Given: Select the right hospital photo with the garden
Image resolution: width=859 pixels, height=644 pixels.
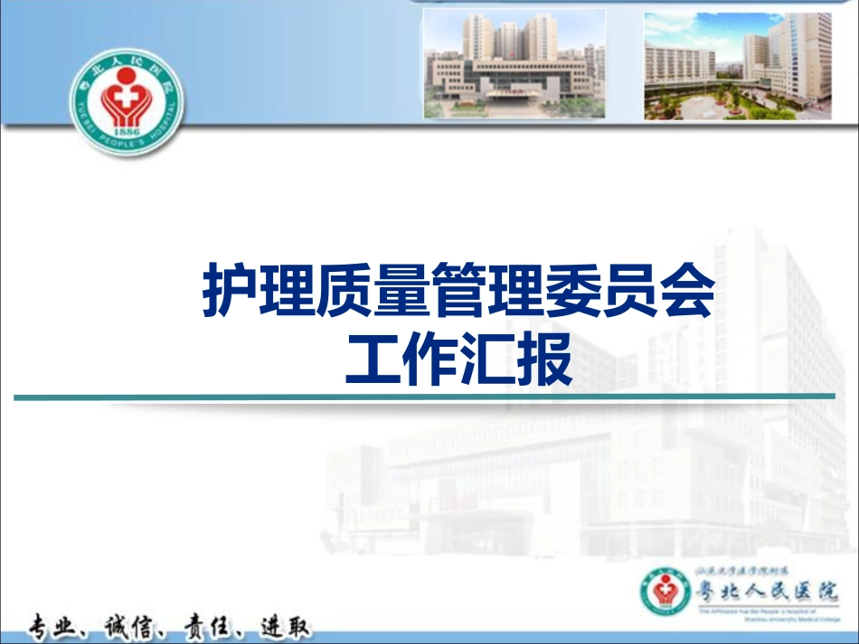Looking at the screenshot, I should [737, 66].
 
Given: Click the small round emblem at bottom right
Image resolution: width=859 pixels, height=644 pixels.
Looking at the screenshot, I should [666, 593].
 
